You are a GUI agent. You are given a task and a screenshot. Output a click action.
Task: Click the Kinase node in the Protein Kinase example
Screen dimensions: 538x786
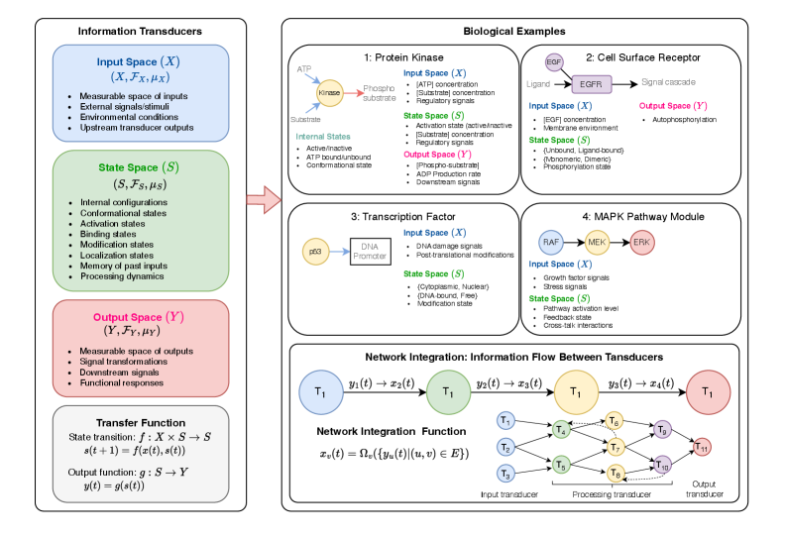coord(329,92)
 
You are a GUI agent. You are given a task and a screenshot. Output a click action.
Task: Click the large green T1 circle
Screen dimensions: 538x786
coord(447,390)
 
